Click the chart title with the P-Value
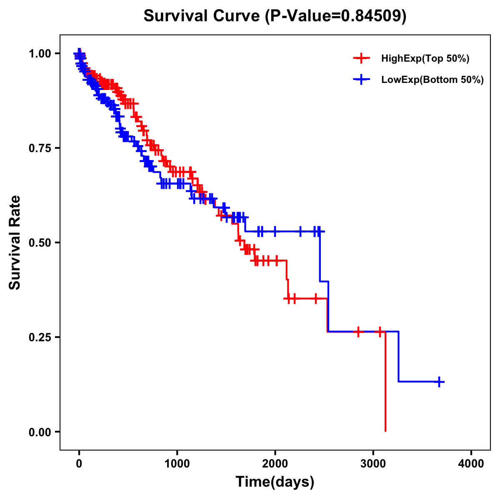pos(275,16)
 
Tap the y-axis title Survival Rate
pos(15,242)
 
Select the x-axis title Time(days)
pos(275,482)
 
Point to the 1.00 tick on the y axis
pos(40,54)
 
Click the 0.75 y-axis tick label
pos(40,148)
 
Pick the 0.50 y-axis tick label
pos(40,243)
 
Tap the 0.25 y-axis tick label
pos(40,337)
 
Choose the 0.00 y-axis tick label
pos(40,432)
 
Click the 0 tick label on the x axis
pos(79,464)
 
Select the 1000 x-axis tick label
pos(177,464)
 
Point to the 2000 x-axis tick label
pos(275,464)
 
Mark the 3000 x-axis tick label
pos(373,464)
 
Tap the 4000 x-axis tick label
pos(471,464)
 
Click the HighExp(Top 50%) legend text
pos(425,59)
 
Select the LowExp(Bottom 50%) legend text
pos(432,80)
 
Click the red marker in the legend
pos(361,58)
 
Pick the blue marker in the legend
pos(361,80)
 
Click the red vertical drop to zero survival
pos(385,383)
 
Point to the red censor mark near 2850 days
pos(358,332)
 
